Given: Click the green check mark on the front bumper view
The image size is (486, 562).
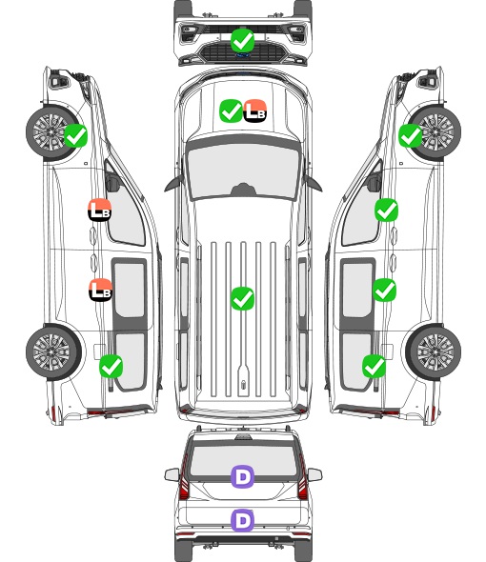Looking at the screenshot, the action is click(242, 41).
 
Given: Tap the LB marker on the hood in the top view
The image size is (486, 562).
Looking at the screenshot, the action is click(255, 110).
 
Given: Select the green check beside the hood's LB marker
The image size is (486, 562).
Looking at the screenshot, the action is click(231, 110).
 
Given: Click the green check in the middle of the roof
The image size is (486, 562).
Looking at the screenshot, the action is click(242, 298).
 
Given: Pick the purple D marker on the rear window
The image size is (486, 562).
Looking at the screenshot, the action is click(242, 476).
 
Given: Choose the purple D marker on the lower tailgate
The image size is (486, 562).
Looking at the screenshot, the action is click(242, 520).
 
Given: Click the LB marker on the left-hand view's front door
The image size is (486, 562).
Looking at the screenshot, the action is click(100, 210).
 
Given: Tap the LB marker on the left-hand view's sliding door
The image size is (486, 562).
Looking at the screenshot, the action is click(100, 290).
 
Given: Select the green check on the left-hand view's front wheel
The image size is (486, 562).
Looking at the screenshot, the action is click(75, 135).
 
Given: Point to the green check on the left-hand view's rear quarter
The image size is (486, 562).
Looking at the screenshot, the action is click(111, 366).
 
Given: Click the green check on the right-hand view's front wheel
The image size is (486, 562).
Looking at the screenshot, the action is click(411, 136).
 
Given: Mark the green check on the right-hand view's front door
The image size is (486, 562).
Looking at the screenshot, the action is click(386, 211).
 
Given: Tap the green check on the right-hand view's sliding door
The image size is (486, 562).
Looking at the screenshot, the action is click(384, 290).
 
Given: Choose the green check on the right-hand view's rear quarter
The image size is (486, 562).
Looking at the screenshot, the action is click(375, 366).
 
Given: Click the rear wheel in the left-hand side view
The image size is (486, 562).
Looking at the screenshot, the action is click(53, 352).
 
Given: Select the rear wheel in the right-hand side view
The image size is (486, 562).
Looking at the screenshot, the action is click(434, 352).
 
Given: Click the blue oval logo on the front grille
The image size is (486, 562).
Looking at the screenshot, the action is click(243, 55).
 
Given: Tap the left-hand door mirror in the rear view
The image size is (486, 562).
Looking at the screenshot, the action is click(172, 474).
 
